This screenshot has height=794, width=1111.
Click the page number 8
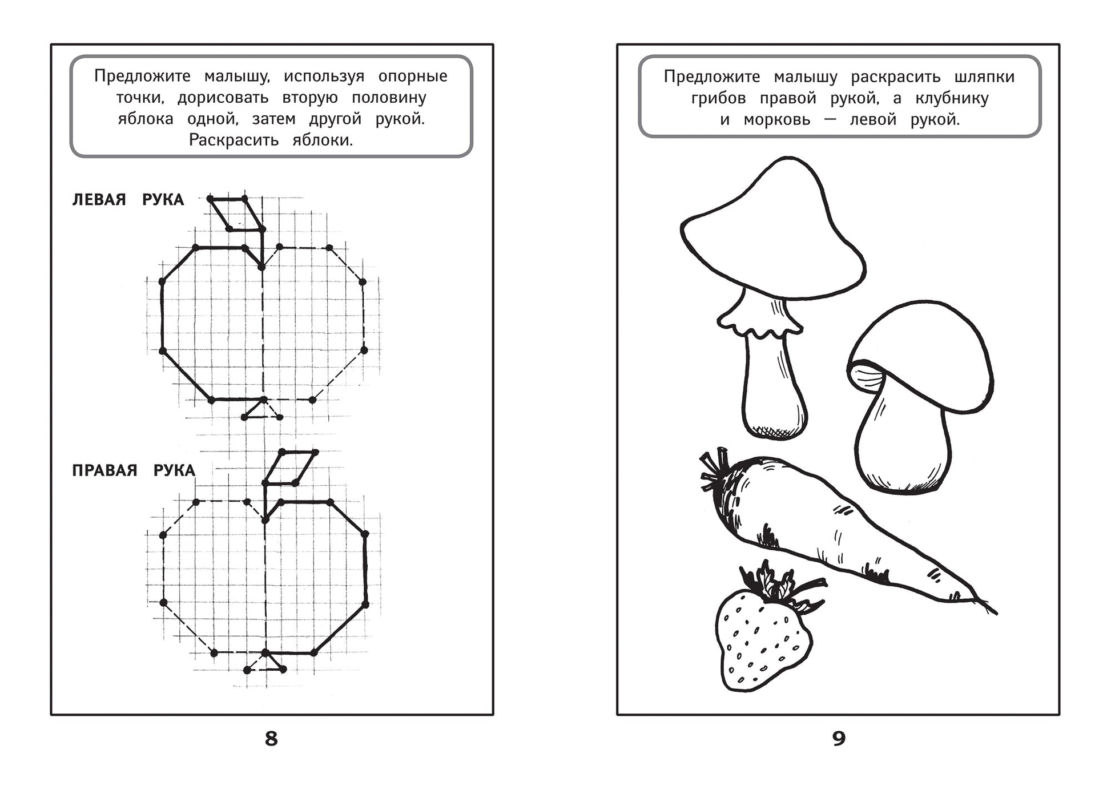[271, 739]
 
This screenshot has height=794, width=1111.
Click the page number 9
[838, 739]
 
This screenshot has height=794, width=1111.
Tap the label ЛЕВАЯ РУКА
[128, 200]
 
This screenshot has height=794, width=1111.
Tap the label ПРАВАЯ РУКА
[134, 470]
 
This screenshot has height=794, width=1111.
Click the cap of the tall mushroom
[774, 231]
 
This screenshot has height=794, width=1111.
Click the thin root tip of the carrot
[986, 606]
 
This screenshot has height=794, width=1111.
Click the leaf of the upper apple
[236, 214]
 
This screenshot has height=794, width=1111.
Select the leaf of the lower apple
[290, 468]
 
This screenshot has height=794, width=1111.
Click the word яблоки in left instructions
[323, 140]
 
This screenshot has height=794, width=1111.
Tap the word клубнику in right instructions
[952, 99]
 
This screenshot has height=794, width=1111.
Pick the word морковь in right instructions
[777, 120]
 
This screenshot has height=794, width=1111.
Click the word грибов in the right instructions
[718, 99]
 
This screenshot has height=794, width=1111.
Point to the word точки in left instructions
[140, 98]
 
